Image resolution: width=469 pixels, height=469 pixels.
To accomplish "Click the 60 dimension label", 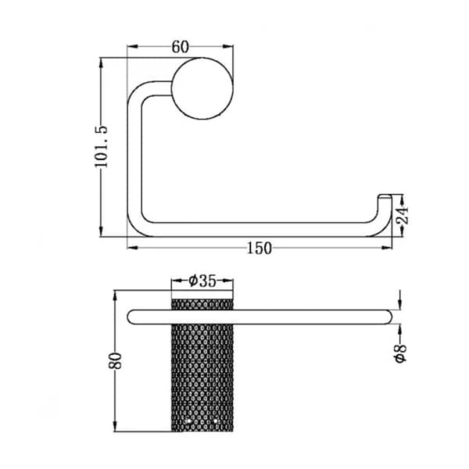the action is point(181,47).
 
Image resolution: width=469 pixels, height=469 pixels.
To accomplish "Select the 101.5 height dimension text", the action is point(101,147).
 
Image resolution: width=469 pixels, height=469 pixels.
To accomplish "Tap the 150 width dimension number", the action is point(260,249).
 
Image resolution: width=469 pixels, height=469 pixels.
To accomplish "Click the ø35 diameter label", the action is point(202,281).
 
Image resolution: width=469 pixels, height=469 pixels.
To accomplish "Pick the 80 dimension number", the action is point(116,360).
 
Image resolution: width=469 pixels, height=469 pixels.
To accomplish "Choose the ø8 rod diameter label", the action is point(401,353).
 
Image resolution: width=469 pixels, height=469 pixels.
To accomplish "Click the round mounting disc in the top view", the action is point(202,88).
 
